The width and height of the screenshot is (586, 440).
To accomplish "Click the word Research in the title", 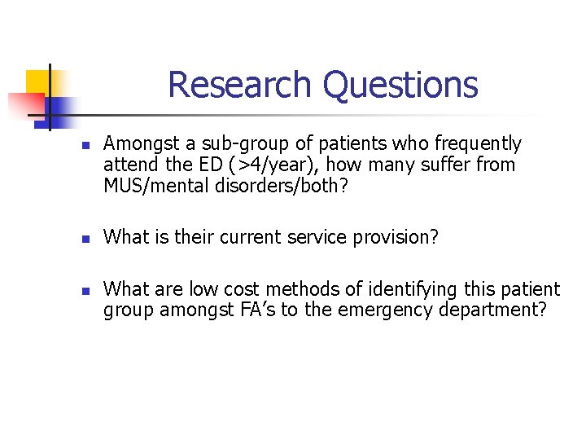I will click(x=240, y=85).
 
